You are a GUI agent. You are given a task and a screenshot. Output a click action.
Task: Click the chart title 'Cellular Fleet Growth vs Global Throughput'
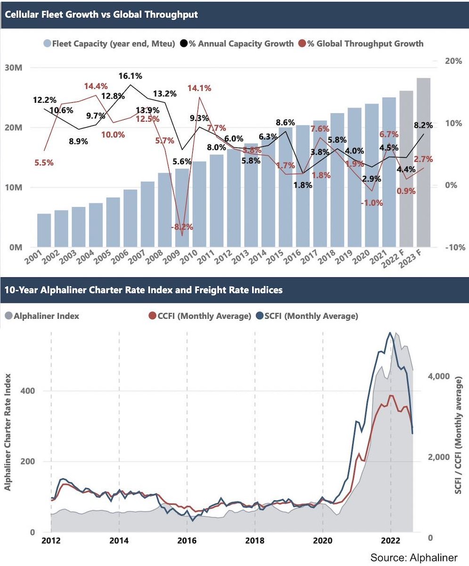[101, 14]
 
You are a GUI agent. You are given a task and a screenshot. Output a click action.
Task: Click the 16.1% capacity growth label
[131, 76]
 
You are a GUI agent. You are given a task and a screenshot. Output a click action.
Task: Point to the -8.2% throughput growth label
[182, 227]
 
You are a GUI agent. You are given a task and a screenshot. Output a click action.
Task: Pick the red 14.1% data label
[199, 88]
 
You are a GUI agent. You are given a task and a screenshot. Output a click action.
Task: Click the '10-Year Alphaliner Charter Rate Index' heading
[144, 290]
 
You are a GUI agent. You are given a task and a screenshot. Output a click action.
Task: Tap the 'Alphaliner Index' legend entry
[46, 316]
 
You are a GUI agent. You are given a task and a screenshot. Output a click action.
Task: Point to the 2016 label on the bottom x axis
[187, 540]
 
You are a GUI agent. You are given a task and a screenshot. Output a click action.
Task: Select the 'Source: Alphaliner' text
[414, 557]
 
